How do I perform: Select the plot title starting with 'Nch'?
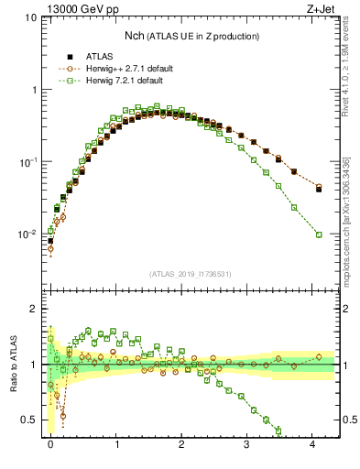[x=191, y=36]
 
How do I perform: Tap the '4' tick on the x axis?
[x=312, y=443]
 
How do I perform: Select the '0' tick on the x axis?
[x=50, y=443]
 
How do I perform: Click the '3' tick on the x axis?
[x=247, y=443]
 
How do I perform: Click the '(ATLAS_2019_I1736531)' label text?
[x=191, y=274]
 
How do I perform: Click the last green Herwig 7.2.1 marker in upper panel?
[x=319, y=234]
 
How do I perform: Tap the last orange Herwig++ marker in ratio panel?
[x=319, y=357]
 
